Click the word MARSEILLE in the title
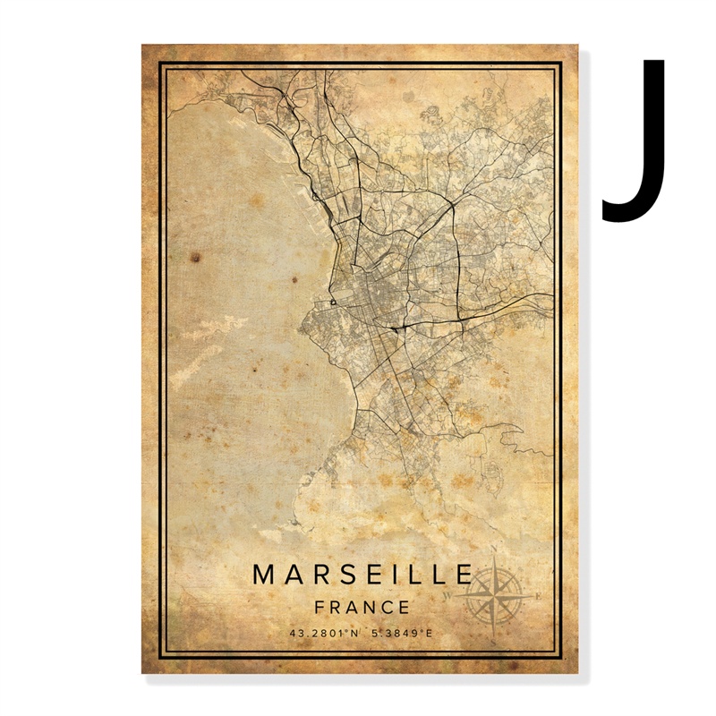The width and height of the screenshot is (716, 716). [362, 574]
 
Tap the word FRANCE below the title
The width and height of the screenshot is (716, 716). [362, 607]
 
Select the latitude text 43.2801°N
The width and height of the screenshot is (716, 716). [324, 634]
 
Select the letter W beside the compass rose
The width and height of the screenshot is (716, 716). [448, 593]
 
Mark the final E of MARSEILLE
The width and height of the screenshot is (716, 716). [464, 574]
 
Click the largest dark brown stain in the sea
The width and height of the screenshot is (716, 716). [193, 258]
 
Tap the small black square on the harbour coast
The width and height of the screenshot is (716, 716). [333, 303]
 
